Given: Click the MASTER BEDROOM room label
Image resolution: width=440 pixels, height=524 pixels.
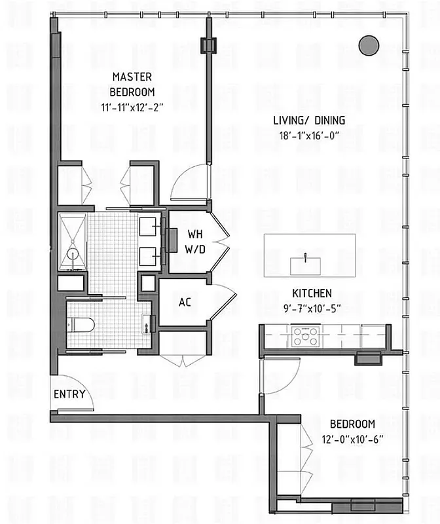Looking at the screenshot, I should click(x=132, y=84).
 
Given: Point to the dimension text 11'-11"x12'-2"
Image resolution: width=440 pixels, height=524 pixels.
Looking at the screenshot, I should click(x=132, y=106).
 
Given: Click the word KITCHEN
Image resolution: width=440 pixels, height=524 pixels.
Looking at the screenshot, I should click(x=312, y=293).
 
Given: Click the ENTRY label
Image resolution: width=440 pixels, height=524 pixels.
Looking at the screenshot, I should click(x=67, y=394).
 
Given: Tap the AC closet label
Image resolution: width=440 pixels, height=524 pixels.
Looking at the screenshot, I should click(x=185, y=303).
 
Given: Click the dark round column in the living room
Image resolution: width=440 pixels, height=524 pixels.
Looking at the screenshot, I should click(x=369, y=45).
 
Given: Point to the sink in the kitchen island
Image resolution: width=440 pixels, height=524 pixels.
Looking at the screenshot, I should click(x=305, y=261).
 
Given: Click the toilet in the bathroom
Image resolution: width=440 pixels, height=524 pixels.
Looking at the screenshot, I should click(x=83, y=323).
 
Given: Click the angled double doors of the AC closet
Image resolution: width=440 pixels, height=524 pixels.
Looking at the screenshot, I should click(x=223, y=303).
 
